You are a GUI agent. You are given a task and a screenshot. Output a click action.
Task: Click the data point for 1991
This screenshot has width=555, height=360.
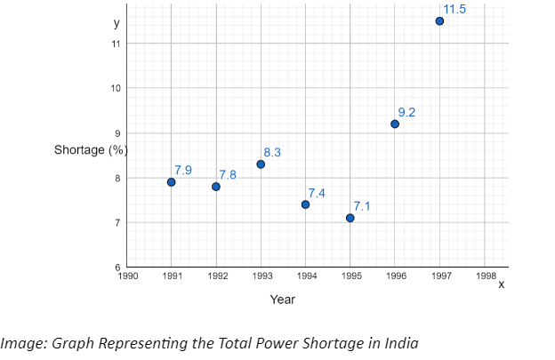(x=171, y=182)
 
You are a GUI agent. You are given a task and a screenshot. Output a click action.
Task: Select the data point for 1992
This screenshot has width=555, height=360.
(x=216, y=187)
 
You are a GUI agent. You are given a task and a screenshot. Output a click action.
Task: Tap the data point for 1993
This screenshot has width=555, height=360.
(x=261, y=164)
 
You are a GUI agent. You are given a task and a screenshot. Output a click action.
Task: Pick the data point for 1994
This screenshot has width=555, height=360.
(x=305, y=204)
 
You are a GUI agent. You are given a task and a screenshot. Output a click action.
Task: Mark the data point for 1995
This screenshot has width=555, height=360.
(x=350, y=218)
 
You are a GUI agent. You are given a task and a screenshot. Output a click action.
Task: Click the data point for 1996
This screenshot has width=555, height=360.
(x=395, y=124)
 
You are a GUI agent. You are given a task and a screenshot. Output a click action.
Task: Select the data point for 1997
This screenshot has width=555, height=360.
(x=439, y=21)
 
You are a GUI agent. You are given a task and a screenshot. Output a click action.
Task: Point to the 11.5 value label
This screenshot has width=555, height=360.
(x=454, y=9)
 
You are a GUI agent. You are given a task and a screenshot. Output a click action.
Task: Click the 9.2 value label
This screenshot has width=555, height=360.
(x=406, y=112)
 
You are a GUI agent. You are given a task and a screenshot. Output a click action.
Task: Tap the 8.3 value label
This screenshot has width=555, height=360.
(x=272, y=153)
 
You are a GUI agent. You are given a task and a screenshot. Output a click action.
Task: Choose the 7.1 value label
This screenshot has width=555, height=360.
(x=362, y=206)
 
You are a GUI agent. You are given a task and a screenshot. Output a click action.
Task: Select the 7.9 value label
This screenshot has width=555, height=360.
(x=183, y=170)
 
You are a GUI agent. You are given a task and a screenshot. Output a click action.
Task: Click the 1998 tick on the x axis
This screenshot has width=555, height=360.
(x=486, y=276)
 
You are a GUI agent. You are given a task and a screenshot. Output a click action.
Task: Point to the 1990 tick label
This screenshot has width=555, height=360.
(x=127, y=276)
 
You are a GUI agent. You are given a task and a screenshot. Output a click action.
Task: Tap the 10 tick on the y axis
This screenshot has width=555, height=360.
(x=117, y=88)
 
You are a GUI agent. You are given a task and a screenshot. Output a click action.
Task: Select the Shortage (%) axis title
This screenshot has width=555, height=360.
(x=91, y=149)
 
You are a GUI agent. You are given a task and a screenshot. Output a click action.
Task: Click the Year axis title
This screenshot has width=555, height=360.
(x=283, y=300)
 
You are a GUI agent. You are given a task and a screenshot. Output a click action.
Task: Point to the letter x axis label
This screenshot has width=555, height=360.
(x=501, y=284)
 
